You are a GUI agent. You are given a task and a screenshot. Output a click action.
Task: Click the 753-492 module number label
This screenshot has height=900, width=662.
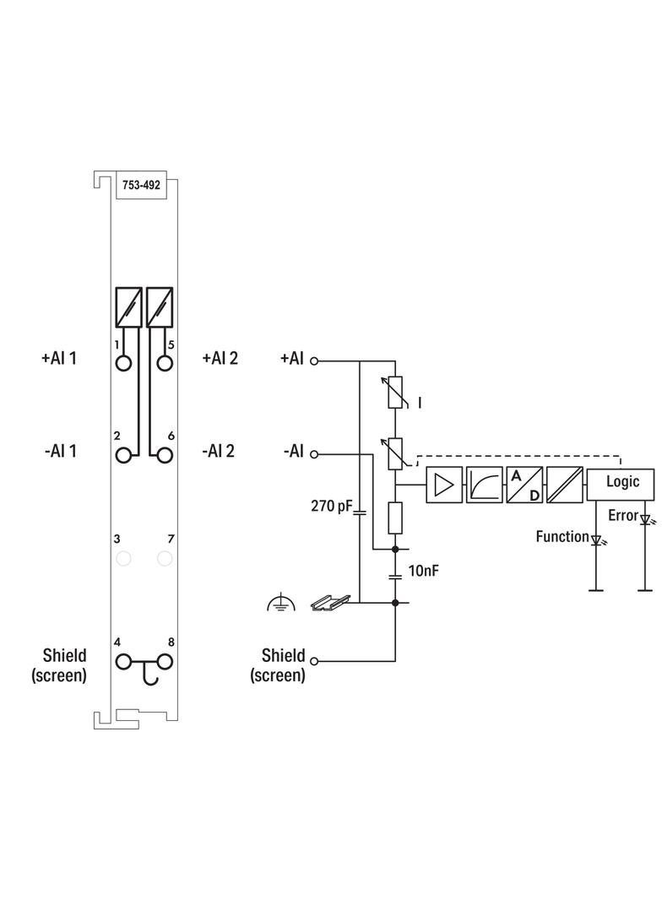(141, 185)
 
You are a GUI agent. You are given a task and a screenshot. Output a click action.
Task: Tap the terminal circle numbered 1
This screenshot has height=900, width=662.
(123, 363)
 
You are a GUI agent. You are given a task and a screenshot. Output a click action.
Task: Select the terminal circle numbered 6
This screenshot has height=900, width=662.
(165, 456)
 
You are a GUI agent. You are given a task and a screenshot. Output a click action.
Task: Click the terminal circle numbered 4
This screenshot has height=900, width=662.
(123, 662)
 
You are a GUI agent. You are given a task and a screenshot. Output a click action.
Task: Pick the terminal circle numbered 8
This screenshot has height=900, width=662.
(165, 662)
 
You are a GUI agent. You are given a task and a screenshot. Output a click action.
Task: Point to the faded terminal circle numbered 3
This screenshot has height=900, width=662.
(123, 558)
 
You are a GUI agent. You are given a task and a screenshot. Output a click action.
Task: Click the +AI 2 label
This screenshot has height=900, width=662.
(220, 358)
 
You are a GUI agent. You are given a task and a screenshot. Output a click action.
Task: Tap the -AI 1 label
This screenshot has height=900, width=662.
(60, 451)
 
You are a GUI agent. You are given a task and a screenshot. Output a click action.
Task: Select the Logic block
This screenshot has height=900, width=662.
(620, 484)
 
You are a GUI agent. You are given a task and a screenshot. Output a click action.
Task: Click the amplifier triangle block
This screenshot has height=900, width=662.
(444, 485)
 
